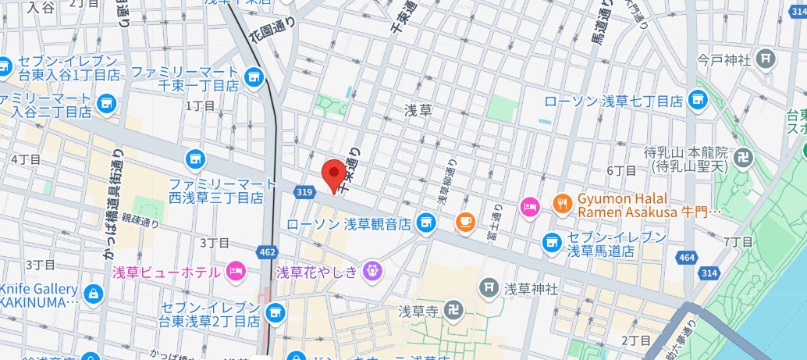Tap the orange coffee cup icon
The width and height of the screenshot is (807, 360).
point(466,222)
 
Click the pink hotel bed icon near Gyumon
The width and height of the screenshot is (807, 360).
point(529,205)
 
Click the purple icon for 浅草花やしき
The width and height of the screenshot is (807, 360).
point(373,271)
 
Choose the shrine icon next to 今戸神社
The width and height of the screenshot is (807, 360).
point(766,58)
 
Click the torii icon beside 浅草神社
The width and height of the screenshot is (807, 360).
point(489,288)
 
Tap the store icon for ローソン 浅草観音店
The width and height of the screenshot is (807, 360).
point(425,224)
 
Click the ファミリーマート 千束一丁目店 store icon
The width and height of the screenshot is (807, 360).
point(252,77)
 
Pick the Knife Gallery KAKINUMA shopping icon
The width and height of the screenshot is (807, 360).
point(93,294)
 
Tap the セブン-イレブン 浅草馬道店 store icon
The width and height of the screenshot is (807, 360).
point(553,243)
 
